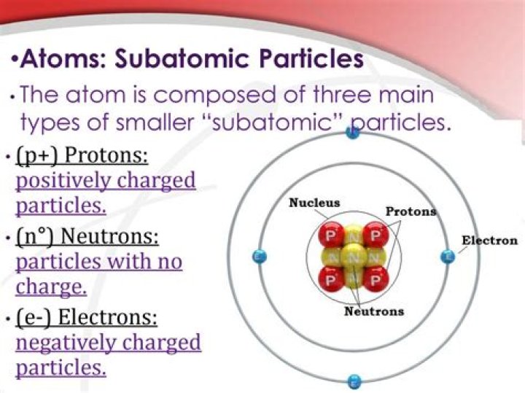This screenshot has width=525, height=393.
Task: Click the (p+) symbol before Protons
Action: tap(40, 156)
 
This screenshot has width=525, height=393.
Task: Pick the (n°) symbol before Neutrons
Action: tap(39, 238)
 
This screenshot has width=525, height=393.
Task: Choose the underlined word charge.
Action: tap(51, 286)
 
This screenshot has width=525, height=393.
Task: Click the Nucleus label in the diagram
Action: tap(314, 203)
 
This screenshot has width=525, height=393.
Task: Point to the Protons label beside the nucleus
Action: tap(411, 211)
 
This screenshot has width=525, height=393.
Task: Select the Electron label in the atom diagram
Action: tap(489, 240)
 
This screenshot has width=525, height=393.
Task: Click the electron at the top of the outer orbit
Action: tap(354, 132)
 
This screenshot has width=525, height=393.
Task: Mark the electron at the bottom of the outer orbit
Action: tap(354, 381)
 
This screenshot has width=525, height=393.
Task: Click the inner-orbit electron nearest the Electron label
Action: tap(448, 256)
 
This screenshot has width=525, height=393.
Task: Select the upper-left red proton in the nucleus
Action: tap(332, 235)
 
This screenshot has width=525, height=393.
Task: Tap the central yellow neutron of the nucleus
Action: tap(354, 257)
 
